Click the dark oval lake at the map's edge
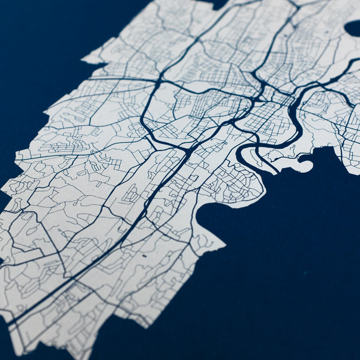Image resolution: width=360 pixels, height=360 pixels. (353, 28)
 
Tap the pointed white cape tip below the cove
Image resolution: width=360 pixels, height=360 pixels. (223, 245)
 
